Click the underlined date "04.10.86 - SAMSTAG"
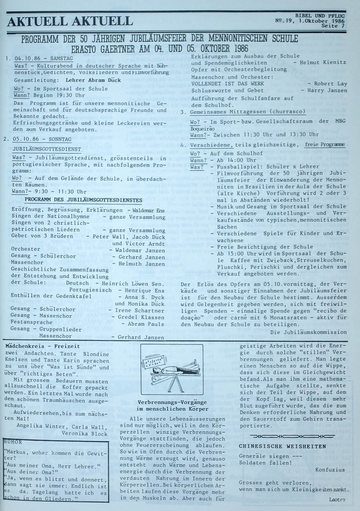click(43, 58)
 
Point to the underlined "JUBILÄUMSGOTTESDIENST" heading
click(47, 149)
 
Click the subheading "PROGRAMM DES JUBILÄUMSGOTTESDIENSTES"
click(84, 200)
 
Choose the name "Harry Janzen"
click(327, 90)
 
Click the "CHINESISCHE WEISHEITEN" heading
click(282, 446)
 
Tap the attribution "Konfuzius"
click(330, 469)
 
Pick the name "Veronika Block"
click(85, 434)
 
